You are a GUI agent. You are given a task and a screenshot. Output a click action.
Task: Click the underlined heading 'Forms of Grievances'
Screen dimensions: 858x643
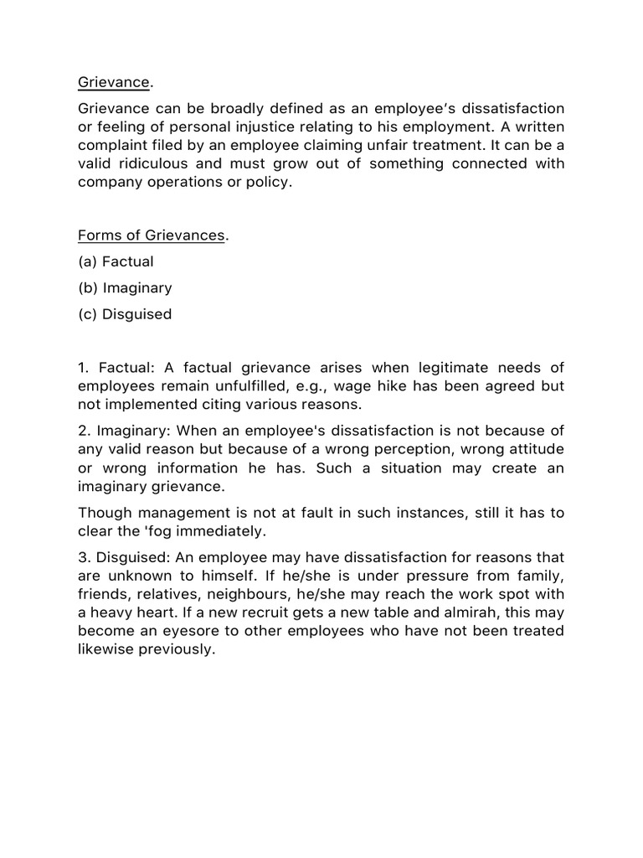(x=152, y=235)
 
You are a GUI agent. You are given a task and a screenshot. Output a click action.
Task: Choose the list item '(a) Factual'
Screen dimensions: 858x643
(x=116, y=261)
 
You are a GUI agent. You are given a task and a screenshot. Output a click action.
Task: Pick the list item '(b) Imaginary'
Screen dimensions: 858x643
(x=125, y=287)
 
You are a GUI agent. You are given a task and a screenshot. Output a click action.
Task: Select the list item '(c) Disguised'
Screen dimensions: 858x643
(x=125, y=314)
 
